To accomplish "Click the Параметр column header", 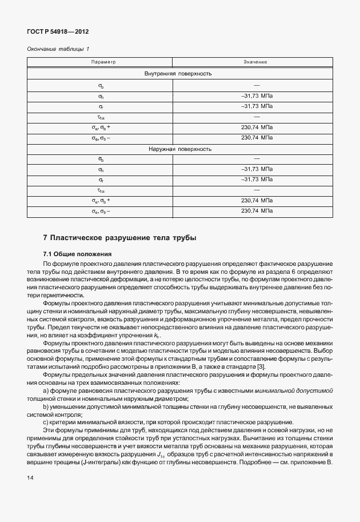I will [x=103, y=61].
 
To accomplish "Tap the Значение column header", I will [x=255, y=61].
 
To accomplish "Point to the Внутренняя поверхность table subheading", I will [x=179, y=74].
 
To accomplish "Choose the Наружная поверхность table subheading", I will [x=179, y=149].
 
